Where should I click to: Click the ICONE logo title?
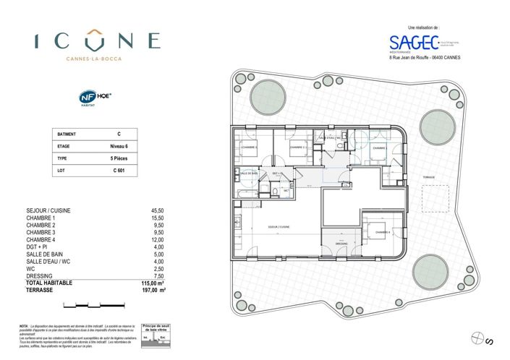[x=97, y=40]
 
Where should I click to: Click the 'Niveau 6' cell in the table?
[x=119, y=146]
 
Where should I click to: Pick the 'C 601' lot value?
[x=119, y=170]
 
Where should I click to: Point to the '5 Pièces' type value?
[x=119, y=158]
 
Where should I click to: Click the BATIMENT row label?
[x=66, y=134]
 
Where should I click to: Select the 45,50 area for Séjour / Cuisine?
[x=158, y=210]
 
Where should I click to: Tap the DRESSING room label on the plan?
[x=342, y=244]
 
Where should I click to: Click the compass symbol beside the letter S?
[x=477, y=337]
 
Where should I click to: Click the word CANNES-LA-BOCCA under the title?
[x=97, y=59]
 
